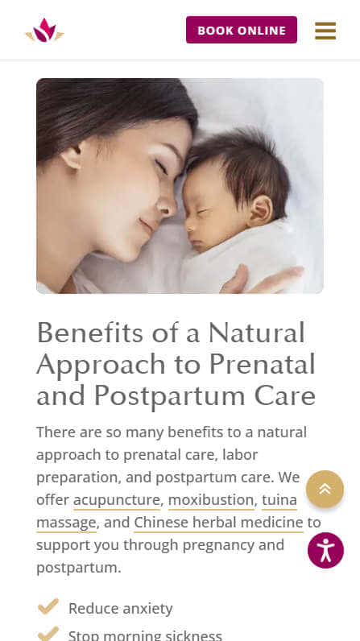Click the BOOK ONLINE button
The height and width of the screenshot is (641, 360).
pos(242,30)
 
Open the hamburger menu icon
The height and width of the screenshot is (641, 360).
pos(325,31)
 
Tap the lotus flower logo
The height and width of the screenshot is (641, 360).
pos(44,31)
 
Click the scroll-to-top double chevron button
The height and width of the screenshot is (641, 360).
pos(325,489)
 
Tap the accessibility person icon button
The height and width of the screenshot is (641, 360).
pos(325,550)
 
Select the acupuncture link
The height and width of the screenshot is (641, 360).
pos(117,500)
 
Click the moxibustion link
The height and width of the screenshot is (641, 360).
pos(211,500)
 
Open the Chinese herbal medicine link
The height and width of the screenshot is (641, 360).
pos(218,523)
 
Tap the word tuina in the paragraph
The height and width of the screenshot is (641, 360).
pos(279,500)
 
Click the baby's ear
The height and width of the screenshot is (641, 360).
pos(260,210)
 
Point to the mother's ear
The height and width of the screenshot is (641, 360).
pos(72,156)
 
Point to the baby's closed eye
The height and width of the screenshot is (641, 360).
pos(202,213)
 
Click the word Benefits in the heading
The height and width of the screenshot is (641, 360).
pos(90,333)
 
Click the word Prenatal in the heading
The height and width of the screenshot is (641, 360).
pos(263,364)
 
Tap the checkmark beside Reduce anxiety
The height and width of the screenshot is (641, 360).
pos(48,606)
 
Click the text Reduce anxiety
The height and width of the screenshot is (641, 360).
pos(121,609)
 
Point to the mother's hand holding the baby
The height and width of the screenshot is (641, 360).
pos(262,279)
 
